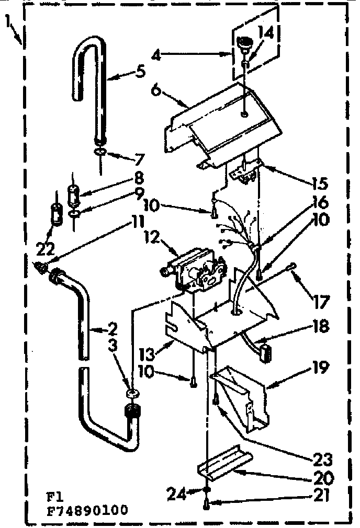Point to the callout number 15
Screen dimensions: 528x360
[x=319, y=183]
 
